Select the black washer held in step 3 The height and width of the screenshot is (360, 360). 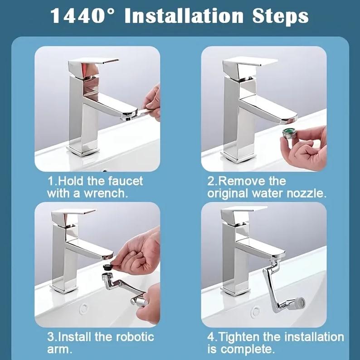107,267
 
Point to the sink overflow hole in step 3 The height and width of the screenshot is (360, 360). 84,308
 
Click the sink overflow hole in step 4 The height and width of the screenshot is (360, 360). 255,311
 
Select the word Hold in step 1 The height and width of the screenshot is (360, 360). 71,181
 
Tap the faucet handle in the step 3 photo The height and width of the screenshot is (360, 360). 73,212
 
